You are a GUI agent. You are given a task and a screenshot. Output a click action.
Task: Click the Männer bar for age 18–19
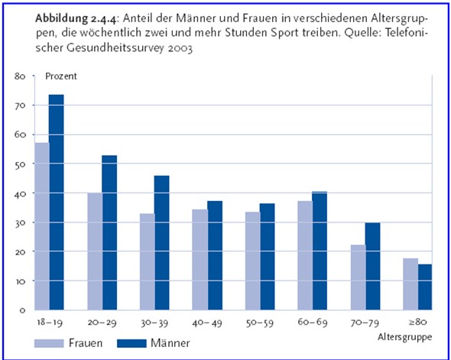56,202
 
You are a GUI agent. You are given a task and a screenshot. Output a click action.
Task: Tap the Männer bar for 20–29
109,232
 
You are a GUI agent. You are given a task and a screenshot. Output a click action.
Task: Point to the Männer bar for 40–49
215,255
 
